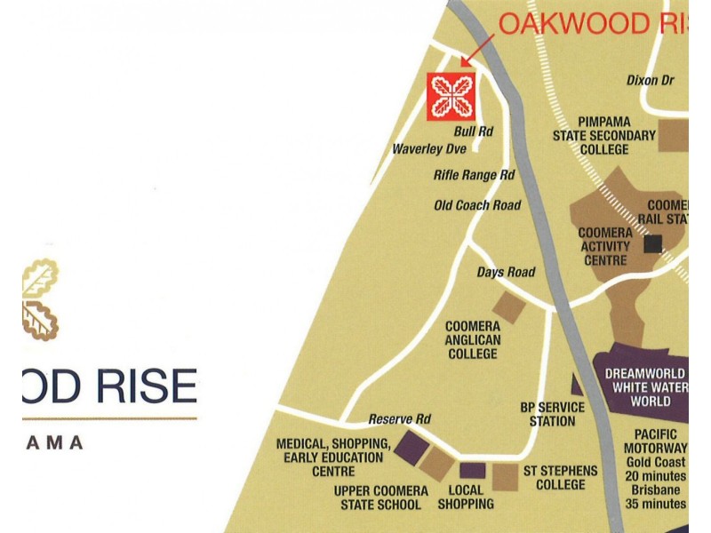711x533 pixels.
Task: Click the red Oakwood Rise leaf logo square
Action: [x=451, y=96]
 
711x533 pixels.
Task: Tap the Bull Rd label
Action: [x=473, y=131]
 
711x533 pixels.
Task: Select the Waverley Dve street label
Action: [x=429, y=149]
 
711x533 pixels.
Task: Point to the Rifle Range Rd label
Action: [x=474, y=176]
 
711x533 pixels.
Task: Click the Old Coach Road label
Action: [x=476, y=205]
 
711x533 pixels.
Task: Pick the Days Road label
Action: [x=506, y=272]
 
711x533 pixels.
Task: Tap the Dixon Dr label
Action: [x=650, y=80]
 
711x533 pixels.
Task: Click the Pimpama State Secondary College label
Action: [x=604, y=136]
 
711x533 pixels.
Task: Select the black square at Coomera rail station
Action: [x=655, y=243]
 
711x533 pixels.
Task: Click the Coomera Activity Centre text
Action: [x=604, y=246]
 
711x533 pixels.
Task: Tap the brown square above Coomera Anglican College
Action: [x=508, y=307]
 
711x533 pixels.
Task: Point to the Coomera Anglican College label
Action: [x=473, y=340]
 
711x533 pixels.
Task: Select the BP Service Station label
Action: [x=552, y=414]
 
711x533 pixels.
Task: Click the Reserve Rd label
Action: [x=399, y=419]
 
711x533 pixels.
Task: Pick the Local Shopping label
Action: [x=466, y=497]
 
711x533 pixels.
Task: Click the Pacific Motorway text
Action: [x=656, y=441]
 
